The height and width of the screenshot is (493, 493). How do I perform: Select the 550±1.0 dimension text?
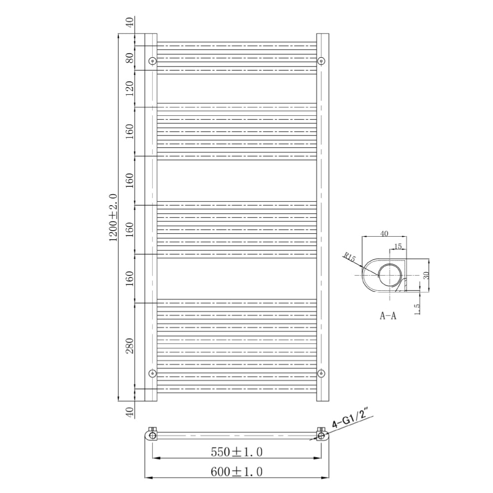coord(236,452)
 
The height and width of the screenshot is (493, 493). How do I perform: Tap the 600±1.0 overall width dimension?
coord(236,472)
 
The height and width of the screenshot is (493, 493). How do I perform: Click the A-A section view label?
coord(387,316)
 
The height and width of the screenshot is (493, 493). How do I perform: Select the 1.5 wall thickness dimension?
coord(418,309)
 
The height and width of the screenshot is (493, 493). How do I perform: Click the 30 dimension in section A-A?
coord(427,275)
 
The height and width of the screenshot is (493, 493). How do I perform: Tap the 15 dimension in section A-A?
coord(398,246)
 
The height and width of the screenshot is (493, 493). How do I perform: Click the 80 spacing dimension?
coord(130,58)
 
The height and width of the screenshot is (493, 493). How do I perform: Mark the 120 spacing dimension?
coord(130,89)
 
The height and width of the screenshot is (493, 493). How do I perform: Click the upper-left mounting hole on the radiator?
coord(152,61)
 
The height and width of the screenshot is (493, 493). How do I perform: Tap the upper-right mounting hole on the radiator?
coord(321,61)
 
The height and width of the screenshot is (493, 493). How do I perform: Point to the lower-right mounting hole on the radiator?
coord(321,373)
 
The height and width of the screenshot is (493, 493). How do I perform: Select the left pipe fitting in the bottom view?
coord(152,435)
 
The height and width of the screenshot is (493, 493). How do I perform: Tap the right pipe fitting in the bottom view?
coord(321,435)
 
